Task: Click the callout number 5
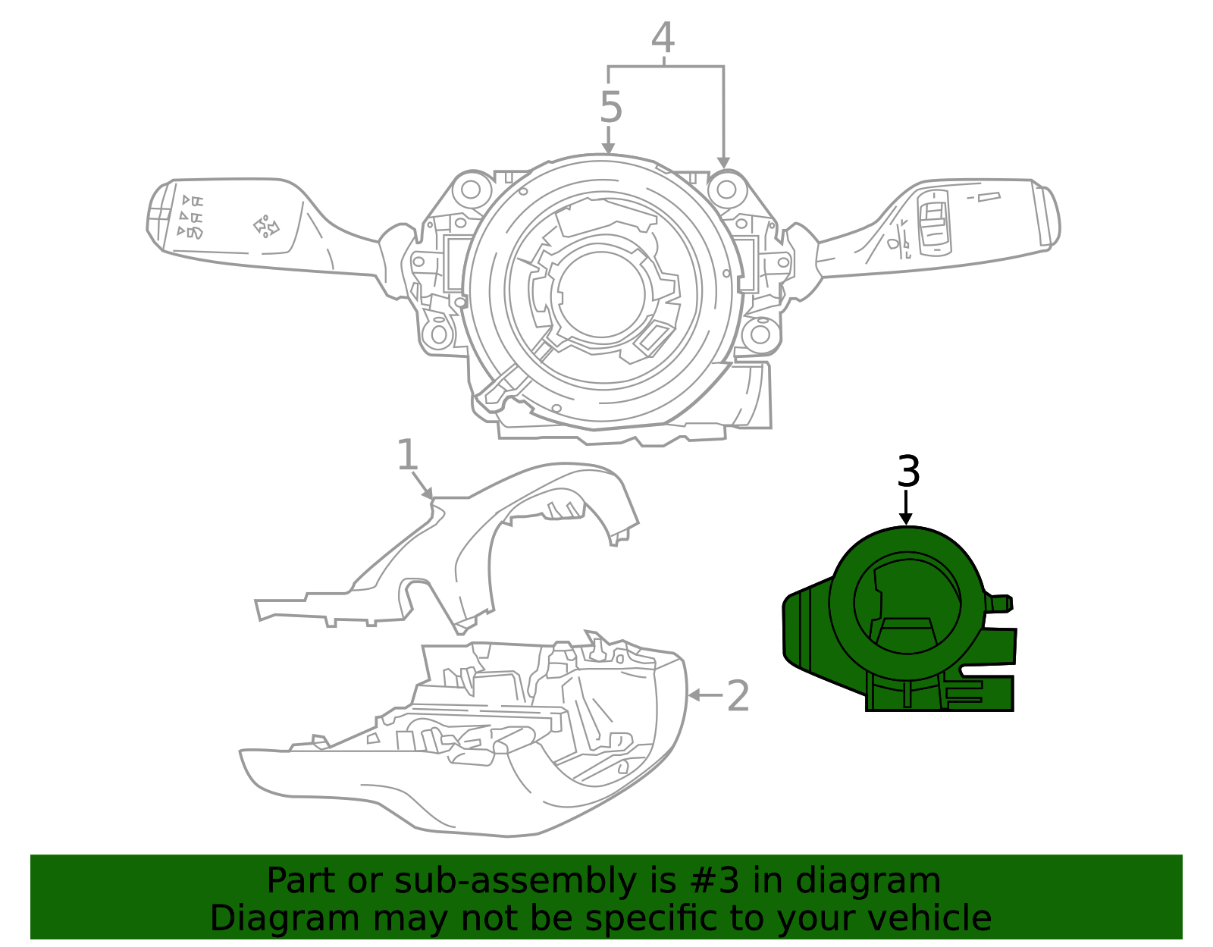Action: (610, 108)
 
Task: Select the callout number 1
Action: (407, 456)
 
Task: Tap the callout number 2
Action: (738, 696)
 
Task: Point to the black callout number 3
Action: (907, 472)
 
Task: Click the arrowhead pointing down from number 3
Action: (905, 519)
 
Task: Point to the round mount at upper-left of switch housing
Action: (472, 189)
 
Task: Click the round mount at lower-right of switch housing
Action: (760, 334)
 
